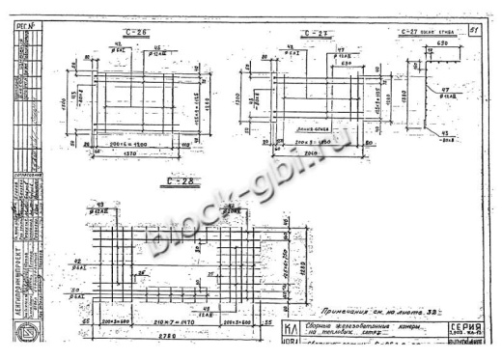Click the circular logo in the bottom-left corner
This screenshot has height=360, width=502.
click(21, 334)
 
